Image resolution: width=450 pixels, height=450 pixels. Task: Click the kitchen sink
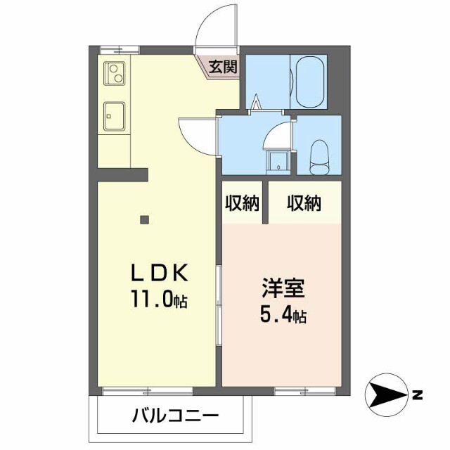click(115, 116)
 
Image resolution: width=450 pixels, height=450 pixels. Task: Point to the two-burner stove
click(115, 72)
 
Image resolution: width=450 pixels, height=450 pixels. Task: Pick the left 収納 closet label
click(242, 204)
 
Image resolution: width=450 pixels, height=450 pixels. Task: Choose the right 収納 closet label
click(304, 204)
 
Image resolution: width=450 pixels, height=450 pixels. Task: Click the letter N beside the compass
click(418, 395)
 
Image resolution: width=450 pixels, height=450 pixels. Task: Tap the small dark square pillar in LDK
click(144, 219)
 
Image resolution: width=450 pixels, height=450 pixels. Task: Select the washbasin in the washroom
click(278, 160)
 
